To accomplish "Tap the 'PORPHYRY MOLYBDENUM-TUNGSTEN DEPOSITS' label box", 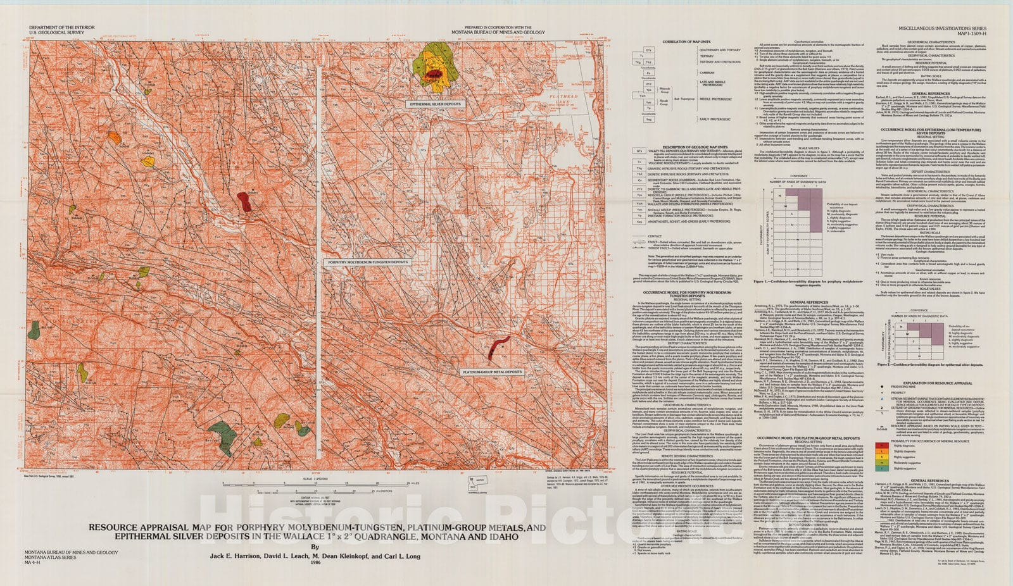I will tap(359, 261).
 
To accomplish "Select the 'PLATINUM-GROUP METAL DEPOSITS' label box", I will tap(491, 372).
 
